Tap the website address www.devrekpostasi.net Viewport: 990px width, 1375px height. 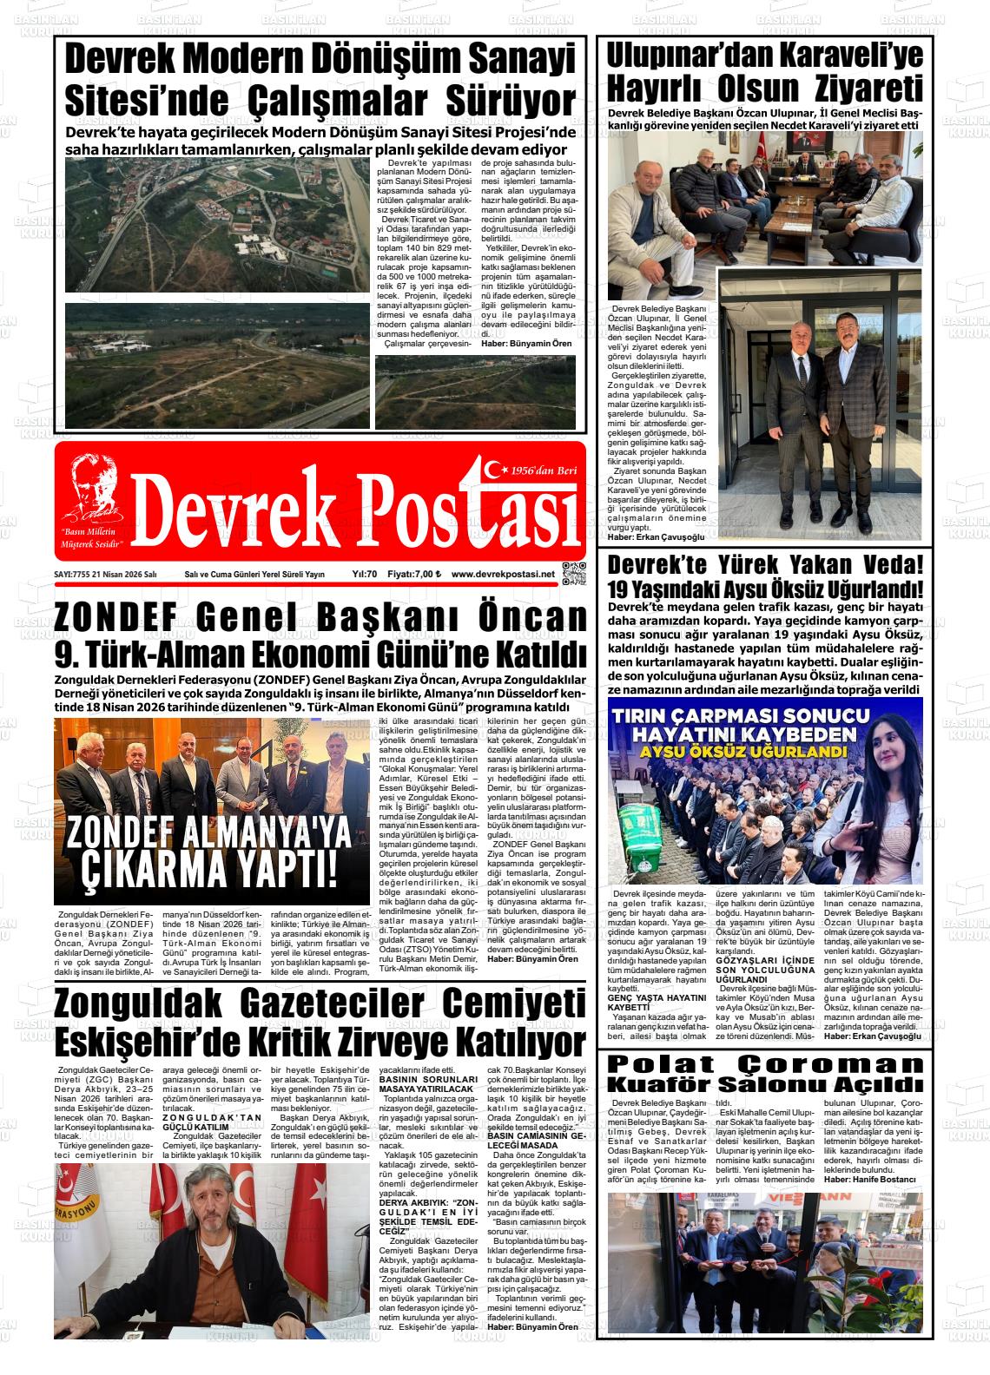[x=503, y=575]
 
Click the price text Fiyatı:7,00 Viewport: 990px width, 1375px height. [x=414, y=575]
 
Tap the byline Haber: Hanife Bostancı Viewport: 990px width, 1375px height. [x=870, y=1180]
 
